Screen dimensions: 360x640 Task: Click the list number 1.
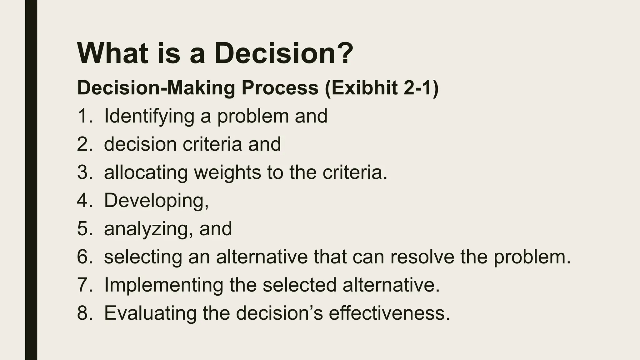83,116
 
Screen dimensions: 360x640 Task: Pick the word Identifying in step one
149,117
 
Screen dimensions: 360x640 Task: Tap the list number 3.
83,172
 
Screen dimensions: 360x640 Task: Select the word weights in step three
227,173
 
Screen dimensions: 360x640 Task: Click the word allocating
146,173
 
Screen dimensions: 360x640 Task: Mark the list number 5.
83,229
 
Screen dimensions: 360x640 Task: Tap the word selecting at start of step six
143,257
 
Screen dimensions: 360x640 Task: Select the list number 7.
83,285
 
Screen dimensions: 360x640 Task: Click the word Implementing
163,286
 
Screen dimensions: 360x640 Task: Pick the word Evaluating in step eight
150,313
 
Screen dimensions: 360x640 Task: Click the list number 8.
83,313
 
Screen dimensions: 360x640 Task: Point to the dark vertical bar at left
31,180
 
